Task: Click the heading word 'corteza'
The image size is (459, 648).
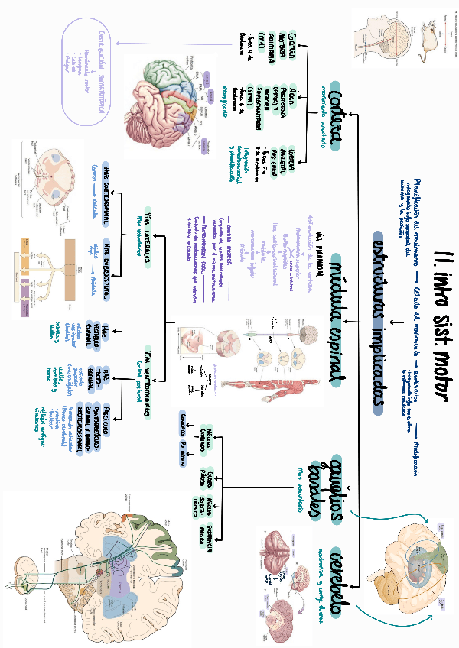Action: (331, 115)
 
